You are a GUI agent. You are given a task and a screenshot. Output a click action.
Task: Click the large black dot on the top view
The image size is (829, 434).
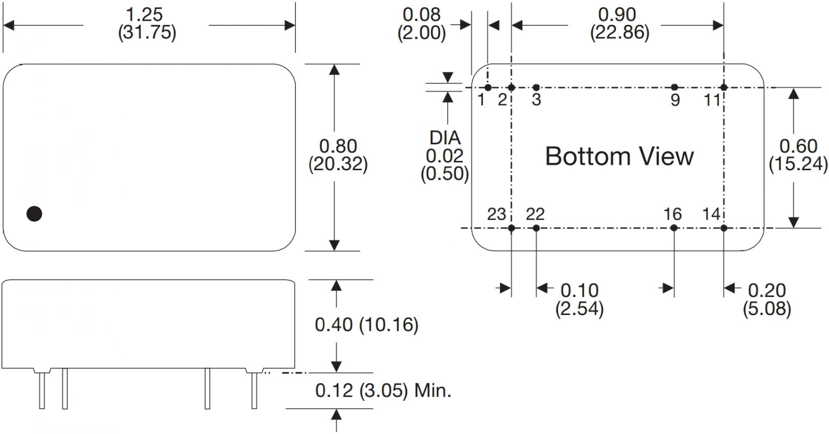click(34, 213)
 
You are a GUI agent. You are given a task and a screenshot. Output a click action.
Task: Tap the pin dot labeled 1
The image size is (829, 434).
click(488, 87)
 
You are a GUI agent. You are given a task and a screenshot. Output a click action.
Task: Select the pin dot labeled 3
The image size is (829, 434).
click(536, 87)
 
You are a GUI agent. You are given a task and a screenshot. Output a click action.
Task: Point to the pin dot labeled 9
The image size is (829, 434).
click(674, 87)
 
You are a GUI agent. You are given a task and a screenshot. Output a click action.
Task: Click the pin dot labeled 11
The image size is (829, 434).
click(724, 87)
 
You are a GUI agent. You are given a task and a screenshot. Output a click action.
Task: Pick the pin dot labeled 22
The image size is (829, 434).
click(536, 228)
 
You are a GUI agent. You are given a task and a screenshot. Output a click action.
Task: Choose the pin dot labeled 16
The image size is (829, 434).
click(674, 228)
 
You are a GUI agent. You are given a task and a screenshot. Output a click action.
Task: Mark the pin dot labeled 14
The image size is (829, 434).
click(724, 228)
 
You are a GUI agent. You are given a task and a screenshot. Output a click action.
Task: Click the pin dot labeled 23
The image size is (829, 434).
click(511, 228)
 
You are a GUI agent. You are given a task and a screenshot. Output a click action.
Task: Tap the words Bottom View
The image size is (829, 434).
click(619, 156)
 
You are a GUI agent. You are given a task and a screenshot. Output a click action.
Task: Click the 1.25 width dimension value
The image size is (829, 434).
click(145, 14)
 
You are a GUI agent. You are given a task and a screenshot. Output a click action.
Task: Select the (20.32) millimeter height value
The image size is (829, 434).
click(338, 164)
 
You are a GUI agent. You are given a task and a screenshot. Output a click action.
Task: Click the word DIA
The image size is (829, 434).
click(445, 138)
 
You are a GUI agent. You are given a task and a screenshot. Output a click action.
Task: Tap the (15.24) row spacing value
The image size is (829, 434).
click(798, 164)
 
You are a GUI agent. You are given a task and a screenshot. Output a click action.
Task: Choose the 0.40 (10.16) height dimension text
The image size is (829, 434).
click(366, 325)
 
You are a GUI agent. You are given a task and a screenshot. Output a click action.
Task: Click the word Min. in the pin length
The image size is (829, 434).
click(433, 391)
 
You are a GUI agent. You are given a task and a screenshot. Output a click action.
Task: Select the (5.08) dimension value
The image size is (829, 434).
click(767, 309)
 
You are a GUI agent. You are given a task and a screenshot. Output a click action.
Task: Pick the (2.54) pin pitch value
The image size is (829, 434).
click(579, 309)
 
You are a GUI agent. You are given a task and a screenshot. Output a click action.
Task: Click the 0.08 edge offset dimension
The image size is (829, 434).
click(421, 14)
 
